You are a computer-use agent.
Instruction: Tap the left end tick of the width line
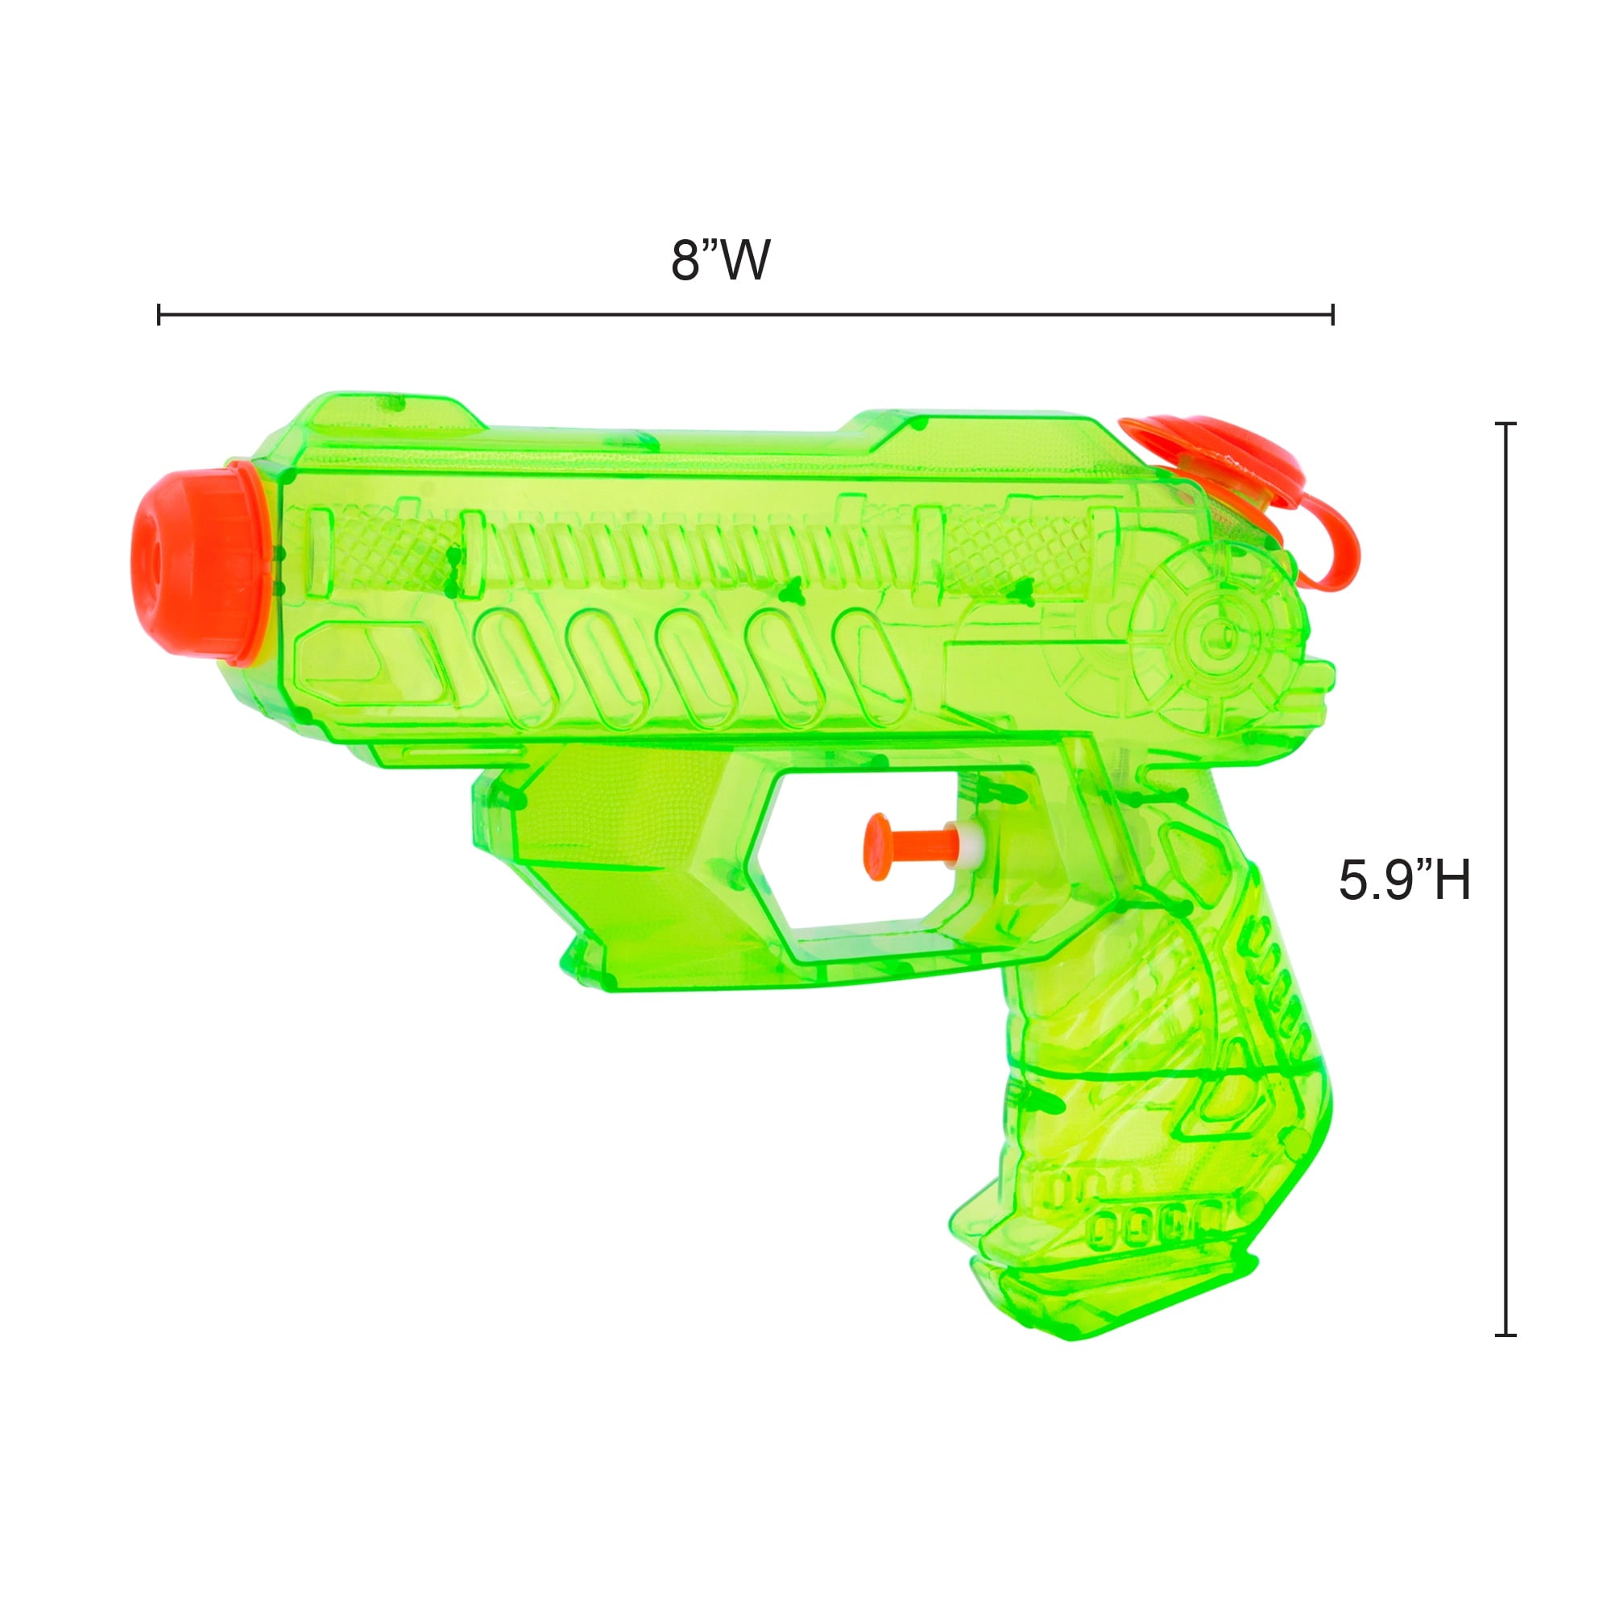(x=159, y=315)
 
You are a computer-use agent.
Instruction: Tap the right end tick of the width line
(x=1332, y=315)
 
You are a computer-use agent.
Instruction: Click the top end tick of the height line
(x=1505, y=424)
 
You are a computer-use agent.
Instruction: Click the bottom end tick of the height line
(x=1505, y=1335)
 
